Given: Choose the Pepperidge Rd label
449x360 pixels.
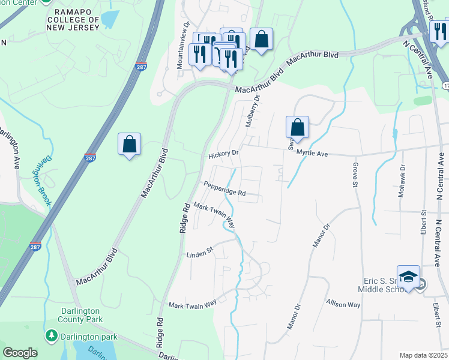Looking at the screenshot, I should [224, 189].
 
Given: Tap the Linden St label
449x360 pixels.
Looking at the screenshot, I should [199, 254].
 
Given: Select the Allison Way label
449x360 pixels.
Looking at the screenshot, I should [343, 305].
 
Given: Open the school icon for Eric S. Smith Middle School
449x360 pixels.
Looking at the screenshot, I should [408, 276].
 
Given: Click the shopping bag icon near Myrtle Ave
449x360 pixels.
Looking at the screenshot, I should [297, 128].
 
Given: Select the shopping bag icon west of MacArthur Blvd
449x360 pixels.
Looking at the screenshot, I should [129, 145].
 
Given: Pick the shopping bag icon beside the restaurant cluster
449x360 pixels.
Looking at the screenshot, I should [261, 40].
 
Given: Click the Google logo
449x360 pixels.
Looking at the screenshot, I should [20, 353].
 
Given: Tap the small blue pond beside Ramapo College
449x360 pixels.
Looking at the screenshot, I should [110, 19].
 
